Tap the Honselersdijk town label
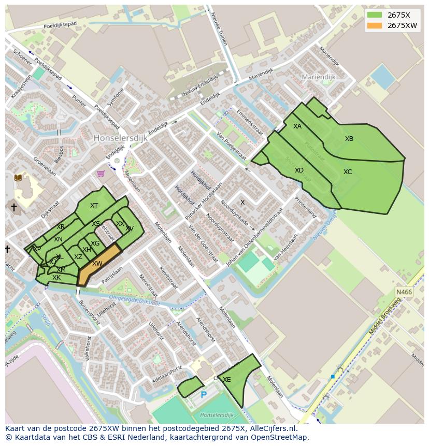click(121, 138)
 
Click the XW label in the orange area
click(97, 264)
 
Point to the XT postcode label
click(94, 206)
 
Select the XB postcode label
click(349, 139)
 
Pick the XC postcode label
click(348, 172)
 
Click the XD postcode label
click(299, 170)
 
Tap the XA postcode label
click(297, 126)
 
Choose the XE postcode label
click(227, 380)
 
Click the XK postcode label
click(56, 278)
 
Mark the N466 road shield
click(404, 293)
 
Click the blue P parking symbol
click(204, 395)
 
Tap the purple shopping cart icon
click(101, 174)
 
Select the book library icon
click(18, 178)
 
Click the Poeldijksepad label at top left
click(60, 24)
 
